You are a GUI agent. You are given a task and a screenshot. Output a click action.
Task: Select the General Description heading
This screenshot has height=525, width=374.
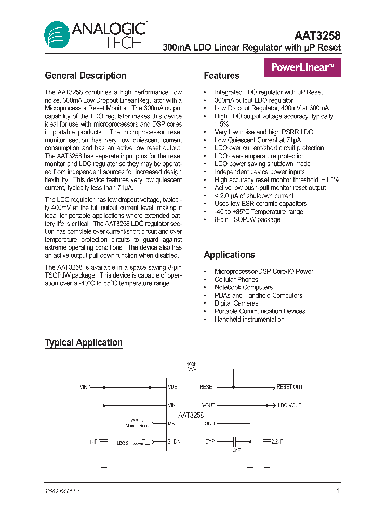point(86,76)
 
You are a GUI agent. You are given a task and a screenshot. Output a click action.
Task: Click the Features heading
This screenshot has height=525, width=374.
point(221,76)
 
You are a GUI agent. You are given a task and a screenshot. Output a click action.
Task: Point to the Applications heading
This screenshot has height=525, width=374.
point(229,255)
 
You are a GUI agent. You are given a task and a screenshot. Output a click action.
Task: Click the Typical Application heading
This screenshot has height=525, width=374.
point(84,342)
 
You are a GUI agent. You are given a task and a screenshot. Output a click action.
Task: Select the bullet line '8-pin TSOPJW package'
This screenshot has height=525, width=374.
point(247,219)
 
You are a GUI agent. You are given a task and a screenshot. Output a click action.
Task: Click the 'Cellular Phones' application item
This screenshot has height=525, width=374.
point(236,279)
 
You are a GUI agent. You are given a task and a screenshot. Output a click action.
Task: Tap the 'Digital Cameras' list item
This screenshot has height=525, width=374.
point(236,303)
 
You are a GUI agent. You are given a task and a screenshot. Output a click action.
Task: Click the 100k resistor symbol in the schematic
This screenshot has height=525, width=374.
point(192,369)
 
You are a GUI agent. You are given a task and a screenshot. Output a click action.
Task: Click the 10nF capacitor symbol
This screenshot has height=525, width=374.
point(235,441)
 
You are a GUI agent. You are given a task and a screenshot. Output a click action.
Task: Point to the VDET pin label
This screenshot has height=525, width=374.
point(174,387)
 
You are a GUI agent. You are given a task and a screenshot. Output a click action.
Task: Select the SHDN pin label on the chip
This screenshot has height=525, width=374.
point(173,441)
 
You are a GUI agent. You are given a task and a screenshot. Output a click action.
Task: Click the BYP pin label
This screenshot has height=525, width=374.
point(210,441)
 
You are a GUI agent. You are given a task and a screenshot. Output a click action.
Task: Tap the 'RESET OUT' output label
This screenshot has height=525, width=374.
point(289,387)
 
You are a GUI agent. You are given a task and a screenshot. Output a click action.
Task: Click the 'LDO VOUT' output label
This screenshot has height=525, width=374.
point(289,405)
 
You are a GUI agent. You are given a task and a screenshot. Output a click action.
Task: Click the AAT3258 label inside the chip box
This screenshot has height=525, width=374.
point(191,415)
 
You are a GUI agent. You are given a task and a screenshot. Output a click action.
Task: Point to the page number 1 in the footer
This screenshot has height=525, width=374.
point(338,491)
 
